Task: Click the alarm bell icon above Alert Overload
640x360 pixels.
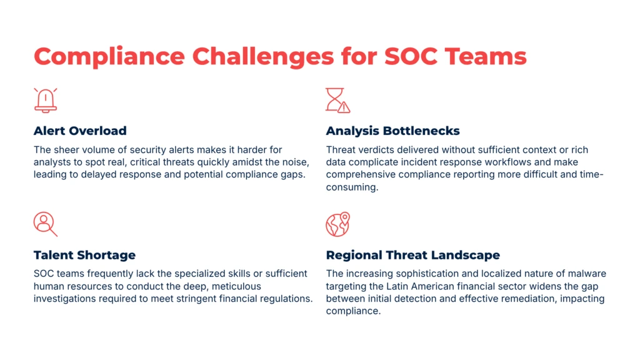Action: pos(46,100)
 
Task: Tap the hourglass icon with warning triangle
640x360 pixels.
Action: pos(337,100)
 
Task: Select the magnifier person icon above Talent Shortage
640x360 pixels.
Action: pos(45,224)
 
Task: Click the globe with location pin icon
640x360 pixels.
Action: pos(337,224)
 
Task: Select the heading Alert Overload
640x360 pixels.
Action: pos(80,131)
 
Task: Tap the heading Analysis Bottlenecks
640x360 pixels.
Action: pos(392,131)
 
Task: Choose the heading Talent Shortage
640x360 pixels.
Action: pos(84,255)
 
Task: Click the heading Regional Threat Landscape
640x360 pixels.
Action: pos(412,255)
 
